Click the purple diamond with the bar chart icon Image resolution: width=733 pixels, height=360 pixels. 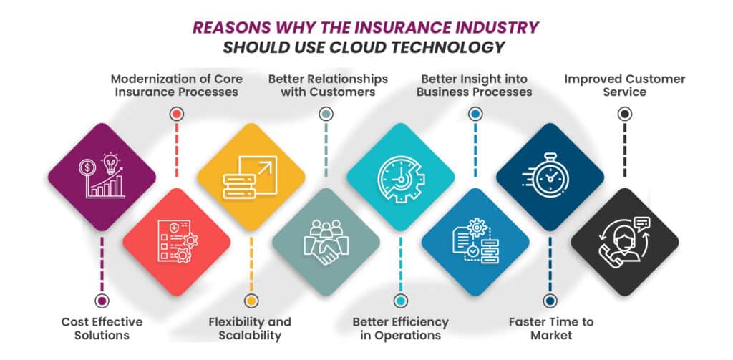(102, 177)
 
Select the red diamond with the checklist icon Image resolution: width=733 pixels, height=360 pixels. (177, 242)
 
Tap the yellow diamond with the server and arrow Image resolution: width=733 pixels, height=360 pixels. (251, 177)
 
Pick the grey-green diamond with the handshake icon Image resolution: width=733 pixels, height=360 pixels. (326, 242)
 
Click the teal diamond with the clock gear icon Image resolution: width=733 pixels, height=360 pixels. (400, 177)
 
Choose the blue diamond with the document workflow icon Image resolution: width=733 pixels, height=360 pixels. (475, 242)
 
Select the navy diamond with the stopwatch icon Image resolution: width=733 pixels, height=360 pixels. (550, 177)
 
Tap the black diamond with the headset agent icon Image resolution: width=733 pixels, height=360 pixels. (624, 242)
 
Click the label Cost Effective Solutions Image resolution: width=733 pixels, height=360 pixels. (102, 329)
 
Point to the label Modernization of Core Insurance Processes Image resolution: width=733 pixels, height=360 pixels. (176, 84)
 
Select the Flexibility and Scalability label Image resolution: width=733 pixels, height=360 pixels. (251, 329)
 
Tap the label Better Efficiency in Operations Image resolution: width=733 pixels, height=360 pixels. (400, 329)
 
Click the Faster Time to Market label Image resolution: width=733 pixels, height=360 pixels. (550, 329)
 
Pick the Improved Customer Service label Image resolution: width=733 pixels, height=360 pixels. (624, 84)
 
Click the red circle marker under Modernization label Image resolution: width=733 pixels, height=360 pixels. (177, 113)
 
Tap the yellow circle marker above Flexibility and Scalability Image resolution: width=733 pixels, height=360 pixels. (251, 301)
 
